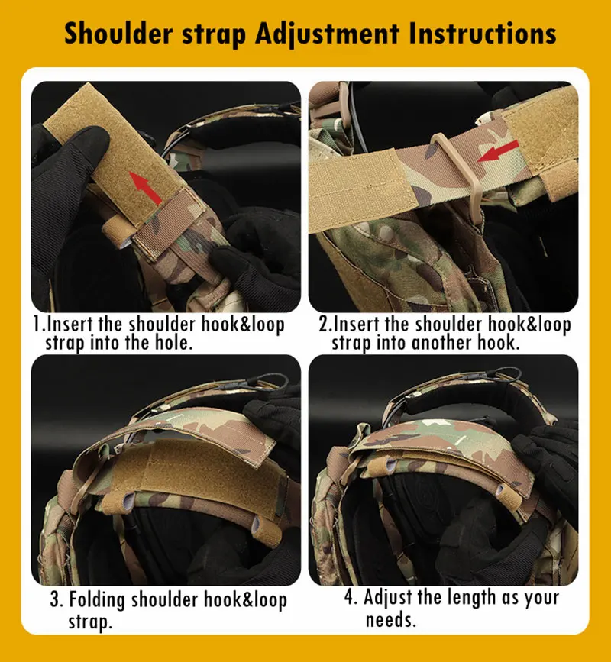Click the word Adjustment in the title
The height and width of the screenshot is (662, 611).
coord(327,34)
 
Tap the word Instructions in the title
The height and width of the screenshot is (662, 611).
coord(482,33)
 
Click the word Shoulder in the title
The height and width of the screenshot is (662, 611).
coord(118,33)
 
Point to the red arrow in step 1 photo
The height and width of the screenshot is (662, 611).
coord(145,188)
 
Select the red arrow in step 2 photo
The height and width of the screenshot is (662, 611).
coord(498,151)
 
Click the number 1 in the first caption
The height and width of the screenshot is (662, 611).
coord(38,325)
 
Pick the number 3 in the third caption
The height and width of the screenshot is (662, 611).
coord(55,599)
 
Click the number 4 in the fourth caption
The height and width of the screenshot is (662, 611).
coord(349,597)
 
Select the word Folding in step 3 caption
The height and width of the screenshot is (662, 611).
coord(97,600)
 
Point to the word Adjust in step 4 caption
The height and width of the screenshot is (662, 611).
coord(388,598)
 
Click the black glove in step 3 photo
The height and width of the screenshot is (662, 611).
coord(274,414)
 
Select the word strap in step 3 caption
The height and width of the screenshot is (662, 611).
coord(90,622)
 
